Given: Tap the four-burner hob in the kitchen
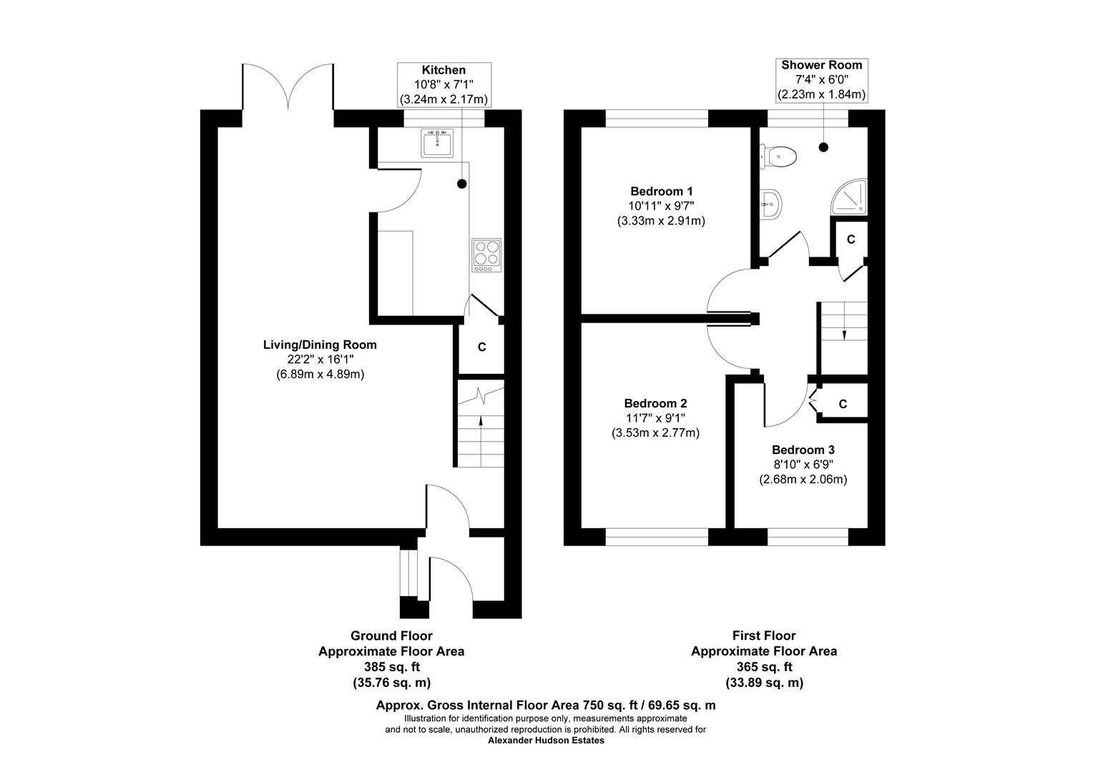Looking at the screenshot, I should click(486, 255).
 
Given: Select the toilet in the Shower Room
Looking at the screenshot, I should click(778, 157).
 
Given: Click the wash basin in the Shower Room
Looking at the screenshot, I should click(770, 205).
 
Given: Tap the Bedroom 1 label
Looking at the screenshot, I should click(661, 192).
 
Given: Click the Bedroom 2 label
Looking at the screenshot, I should click(655, 403).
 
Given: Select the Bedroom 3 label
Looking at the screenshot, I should click(803, 450).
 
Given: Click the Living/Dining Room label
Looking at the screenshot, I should click(320, 345).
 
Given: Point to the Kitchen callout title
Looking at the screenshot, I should click(443, 70).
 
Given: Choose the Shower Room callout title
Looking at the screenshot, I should click(821, 65).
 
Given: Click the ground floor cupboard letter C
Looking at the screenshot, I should click(481, 347).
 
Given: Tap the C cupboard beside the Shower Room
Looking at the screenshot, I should click(851, 239).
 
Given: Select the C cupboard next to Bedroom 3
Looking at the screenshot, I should click(843, 405).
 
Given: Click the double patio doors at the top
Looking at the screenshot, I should click(288, 86).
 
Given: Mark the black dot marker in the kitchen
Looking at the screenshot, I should click(462, 184).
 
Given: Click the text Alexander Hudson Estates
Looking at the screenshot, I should click(546, 741).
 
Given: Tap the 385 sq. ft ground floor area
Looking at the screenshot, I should click(391, 667).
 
